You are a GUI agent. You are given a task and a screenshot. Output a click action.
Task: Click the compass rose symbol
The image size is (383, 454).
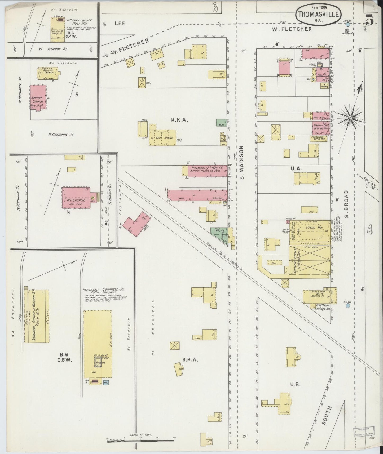pyautogui.click(x=350, y=117)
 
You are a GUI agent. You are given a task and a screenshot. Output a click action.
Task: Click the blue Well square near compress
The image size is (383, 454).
pyautogui.click(x=106, y=382)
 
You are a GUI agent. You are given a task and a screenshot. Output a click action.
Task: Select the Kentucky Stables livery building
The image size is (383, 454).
pyautogui.click(x=309, y=262)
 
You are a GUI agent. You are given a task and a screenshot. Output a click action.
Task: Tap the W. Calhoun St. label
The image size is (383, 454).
pyautogui.click(x=61, y=135)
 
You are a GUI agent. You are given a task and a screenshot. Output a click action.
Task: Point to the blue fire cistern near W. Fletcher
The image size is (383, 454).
pyautogui.click(x=348, y=24)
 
